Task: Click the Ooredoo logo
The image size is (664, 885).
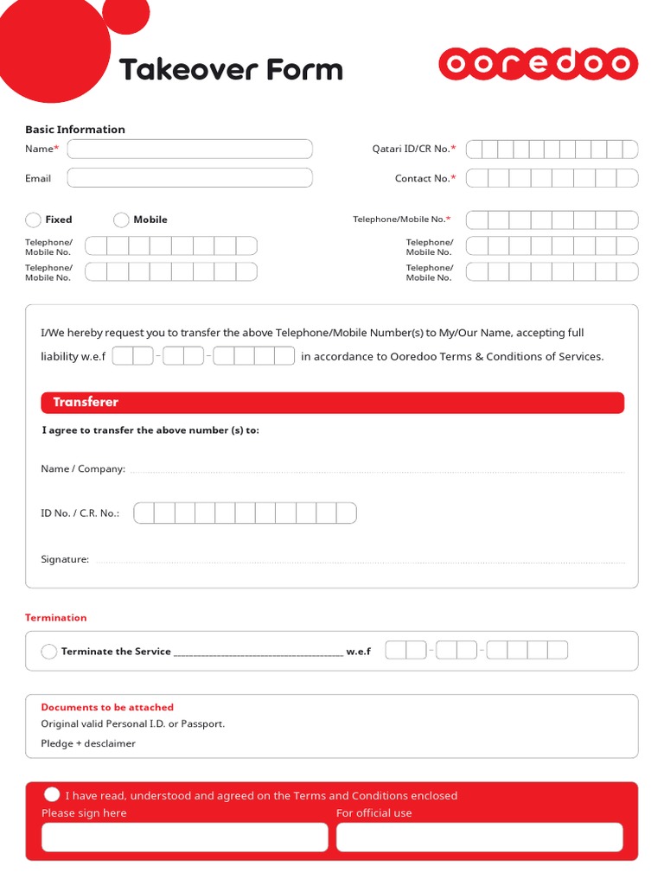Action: coord(538,65)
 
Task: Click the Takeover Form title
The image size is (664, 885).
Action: coord(231,69)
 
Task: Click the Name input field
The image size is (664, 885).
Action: coord(189,150)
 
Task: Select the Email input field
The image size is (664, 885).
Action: coord(189,178)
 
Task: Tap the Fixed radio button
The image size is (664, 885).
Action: coord(34,220)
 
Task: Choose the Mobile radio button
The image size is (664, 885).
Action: coord(122,220)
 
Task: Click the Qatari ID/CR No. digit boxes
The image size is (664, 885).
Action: coord(552,150)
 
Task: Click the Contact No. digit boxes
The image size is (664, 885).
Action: coord(552,178)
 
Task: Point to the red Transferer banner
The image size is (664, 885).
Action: coord(332,403)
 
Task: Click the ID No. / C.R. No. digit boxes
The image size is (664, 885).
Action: coord(245,513)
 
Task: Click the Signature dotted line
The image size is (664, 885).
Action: coord(359,561)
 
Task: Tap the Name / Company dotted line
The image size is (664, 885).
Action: coord(376,470)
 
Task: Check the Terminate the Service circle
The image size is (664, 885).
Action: coord(49,652)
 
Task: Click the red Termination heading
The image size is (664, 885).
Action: coord(56,618)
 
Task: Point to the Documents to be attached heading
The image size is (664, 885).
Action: coord(107,707)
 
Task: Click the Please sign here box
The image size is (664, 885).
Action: coord(184,837)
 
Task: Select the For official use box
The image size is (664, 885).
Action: coord(479,837)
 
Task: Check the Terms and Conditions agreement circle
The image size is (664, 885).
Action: coord(52,795)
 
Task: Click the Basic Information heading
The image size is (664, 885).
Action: coord(75,130)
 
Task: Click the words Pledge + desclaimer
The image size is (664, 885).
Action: coord(88,743)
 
